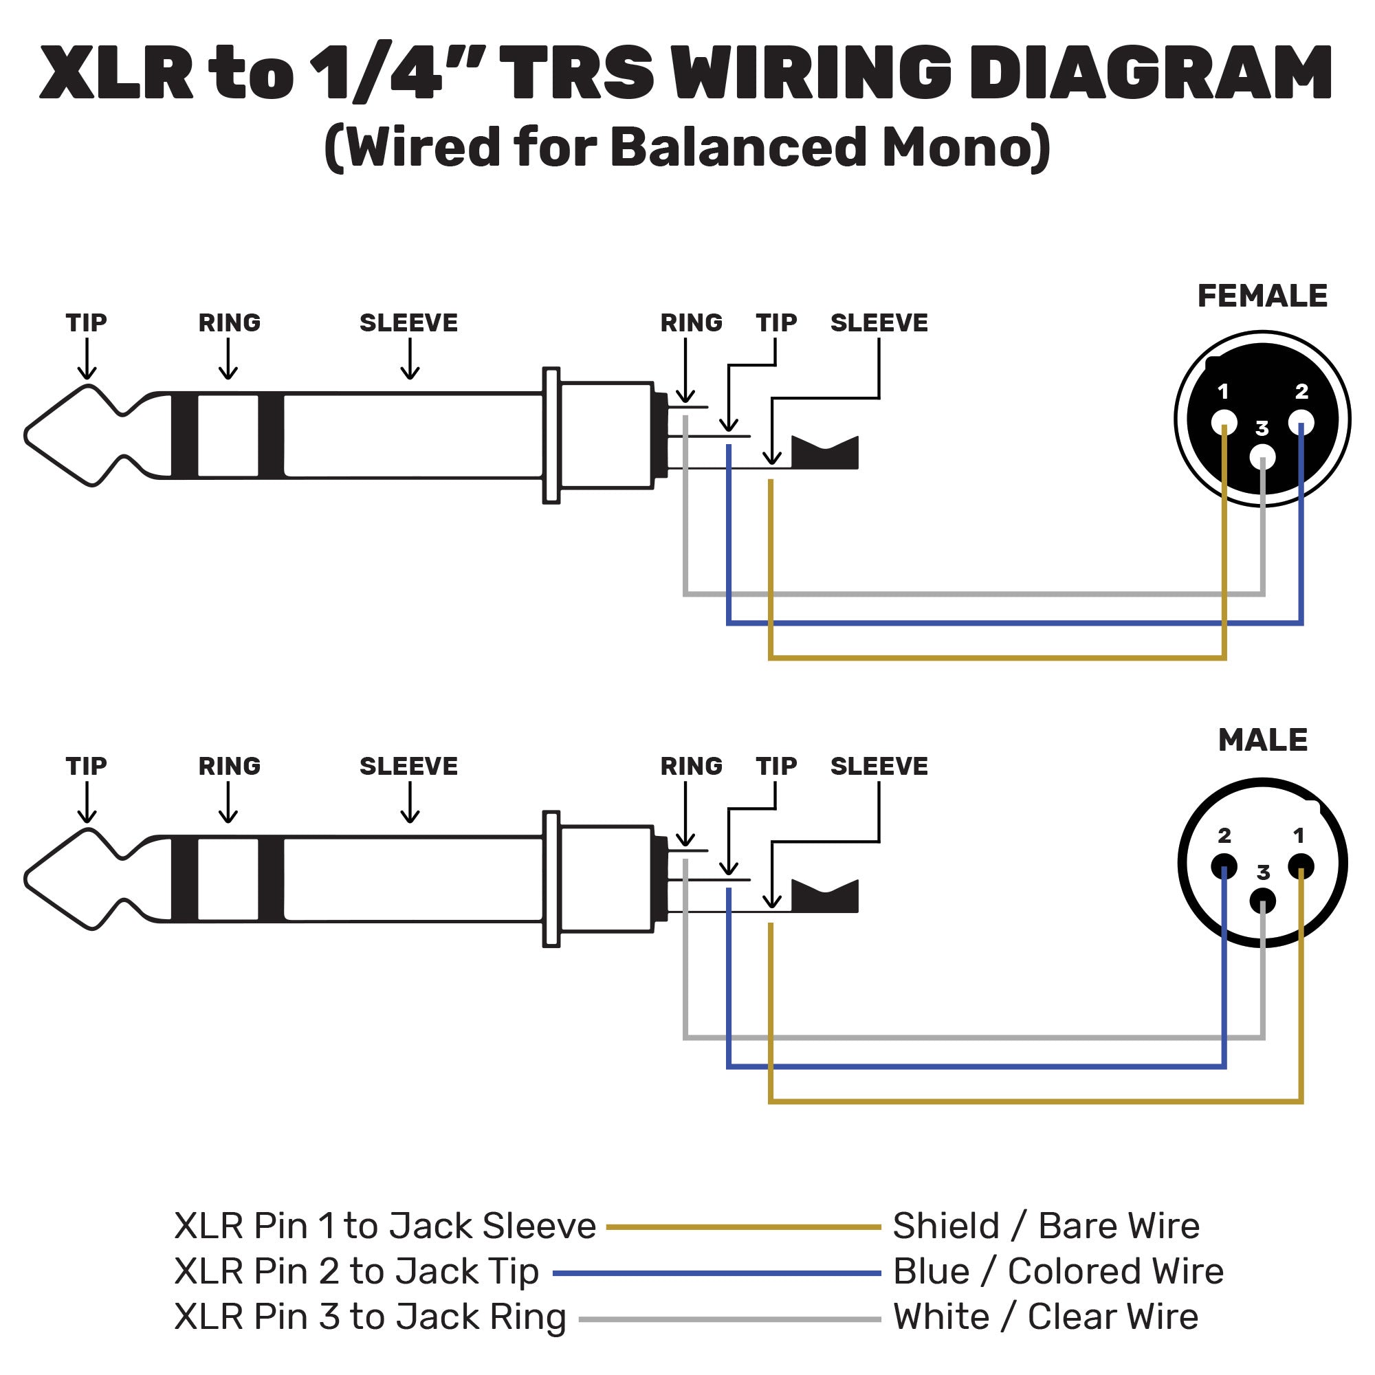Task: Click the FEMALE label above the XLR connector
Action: coord(1262,296)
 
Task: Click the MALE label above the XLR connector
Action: coord(1262,740)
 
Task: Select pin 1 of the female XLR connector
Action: coord(1224,422)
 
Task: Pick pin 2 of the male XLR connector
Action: coord(1224,867)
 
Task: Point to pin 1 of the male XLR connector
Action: coord(1300,866)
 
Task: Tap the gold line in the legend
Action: coord(743,1227)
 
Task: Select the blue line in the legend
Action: coord(716,1273)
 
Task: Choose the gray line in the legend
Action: coord(729,1319)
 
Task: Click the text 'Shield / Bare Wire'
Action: coord(1046,1226)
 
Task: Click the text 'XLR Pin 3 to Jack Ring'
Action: coord(370,1317)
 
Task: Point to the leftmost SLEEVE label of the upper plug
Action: coord(408,323)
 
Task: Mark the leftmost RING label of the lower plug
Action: coord(229,767)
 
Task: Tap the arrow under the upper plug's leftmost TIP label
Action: coord(87,360)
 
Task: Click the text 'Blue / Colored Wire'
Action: coord(1057,1272)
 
